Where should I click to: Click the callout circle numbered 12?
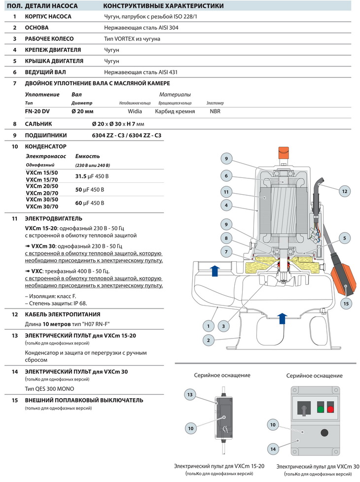(344, 191)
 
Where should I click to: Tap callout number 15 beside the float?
(346, 304)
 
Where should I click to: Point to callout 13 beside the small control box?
(190, 394)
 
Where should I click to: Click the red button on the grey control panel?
(329, 408)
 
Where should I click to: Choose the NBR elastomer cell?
(215, 111)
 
